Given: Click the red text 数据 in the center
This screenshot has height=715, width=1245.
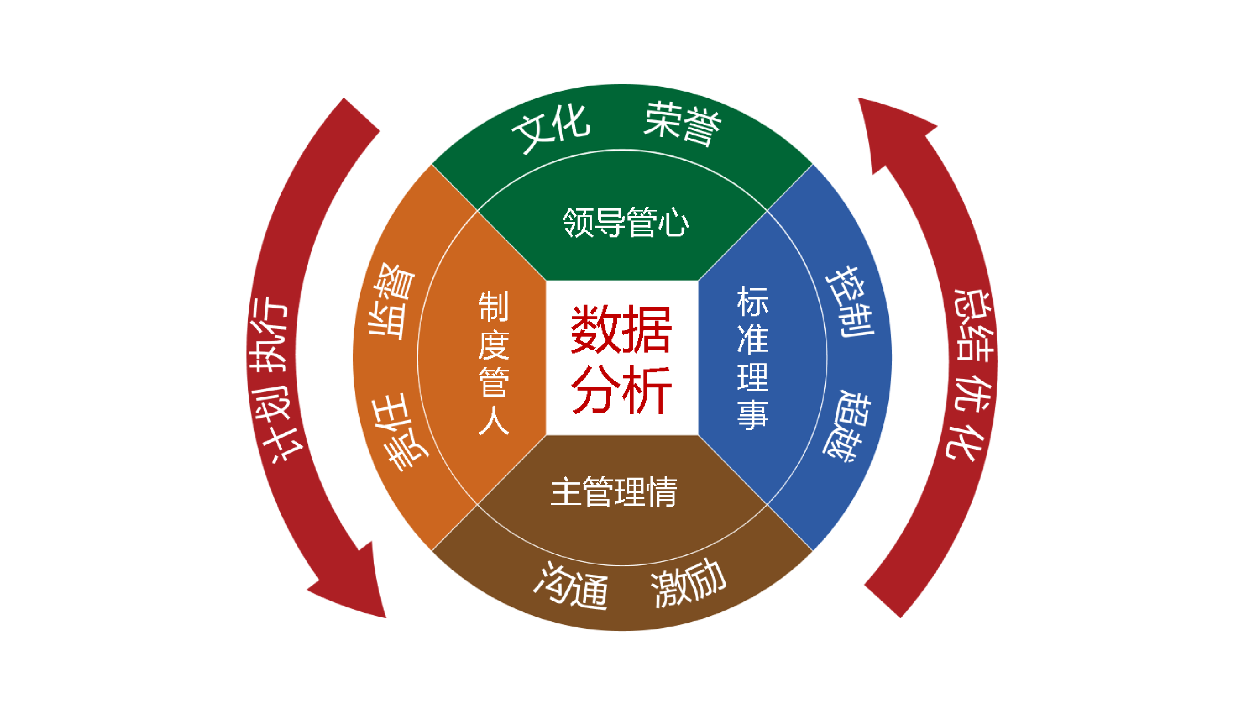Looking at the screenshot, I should [x=621, y=329].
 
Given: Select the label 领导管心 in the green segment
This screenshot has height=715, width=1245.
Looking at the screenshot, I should [x=626, y=222].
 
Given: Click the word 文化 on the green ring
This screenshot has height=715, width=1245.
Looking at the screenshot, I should [x=551, y=128].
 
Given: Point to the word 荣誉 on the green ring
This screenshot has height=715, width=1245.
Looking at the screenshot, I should [x=682, y=124].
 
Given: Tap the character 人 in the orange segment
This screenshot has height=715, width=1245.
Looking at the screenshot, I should [x=493, y=420].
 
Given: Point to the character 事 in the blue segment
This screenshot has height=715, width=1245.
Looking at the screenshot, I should [x=752, y=415].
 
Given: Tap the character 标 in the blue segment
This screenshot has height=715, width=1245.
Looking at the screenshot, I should [x=752, y=301].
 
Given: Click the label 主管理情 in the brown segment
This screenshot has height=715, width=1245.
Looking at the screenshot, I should [x=614, y=492].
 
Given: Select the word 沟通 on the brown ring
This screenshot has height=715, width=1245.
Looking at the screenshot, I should [x=572, y=586].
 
